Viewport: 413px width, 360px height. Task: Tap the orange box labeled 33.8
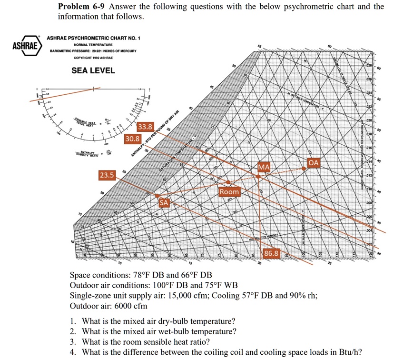[145, 127]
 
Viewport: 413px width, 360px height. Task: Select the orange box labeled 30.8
[133, 139]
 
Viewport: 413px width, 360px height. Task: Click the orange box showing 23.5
[107, 175]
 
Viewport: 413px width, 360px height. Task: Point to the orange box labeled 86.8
[272, 253]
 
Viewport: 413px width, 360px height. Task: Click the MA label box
[264, 167]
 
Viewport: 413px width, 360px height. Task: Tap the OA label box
[314, 163]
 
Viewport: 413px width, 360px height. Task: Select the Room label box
[229, 192]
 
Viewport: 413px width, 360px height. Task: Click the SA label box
[164, 203]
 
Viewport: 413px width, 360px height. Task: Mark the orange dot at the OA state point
[304, 168]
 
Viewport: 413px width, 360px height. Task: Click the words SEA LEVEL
[93, 70]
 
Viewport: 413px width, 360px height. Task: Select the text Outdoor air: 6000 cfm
[108, 305]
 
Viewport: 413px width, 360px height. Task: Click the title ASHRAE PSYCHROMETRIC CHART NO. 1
[94, 38]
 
